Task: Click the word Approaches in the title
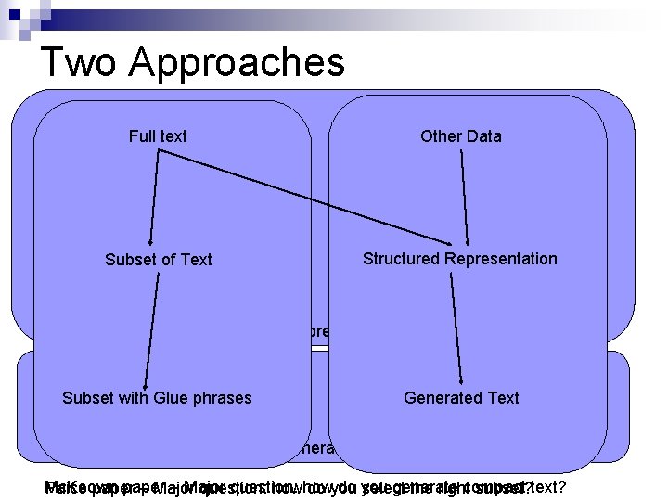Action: (237, 63)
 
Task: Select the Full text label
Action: (158, 136)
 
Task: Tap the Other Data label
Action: (460, 136)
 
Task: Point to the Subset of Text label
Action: (159, 260)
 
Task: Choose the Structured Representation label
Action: (460, 259)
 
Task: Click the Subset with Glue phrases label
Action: (157, 398)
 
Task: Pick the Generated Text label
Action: (461, 398)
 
